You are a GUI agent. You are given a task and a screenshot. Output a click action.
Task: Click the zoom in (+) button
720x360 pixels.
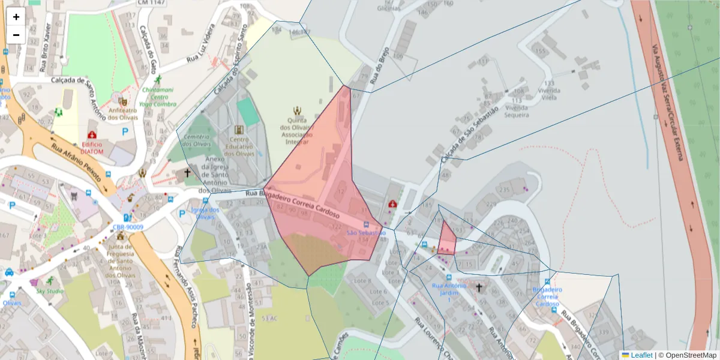tap(16, 17)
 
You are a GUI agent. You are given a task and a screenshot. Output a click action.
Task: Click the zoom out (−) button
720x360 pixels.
tap(16, 34)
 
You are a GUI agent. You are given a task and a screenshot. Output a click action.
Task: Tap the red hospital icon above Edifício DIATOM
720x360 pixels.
tap(92, 135)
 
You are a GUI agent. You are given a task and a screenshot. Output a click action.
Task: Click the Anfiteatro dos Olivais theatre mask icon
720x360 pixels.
tap(122, 102)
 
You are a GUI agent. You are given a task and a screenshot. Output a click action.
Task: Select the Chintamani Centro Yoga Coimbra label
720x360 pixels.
tap(158, 97)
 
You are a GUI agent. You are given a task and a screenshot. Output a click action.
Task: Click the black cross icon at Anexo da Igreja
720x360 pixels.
tap(187, 173)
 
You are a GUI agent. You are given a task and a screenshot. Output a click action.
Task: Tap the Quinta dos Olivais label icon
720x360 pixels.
tap(296, 110)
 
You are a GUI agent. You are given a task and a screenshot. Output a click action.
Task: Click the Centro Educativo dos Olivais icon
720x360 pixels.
tap(239, 130)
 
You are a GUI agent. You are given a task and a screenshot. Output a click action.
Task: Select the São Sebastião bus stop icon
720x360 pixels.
tap(367, 224)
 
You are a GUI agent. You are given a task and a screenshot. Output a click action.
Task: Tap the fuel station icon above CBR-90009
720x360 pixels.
tap(127, 218)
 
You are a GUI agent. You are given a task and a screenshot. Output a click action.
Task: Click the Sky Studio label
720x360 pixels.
tap(50, 291)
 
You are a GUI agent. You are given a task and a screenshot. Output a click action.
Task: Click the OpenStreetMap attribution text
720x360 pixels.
tap(687, 355)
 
